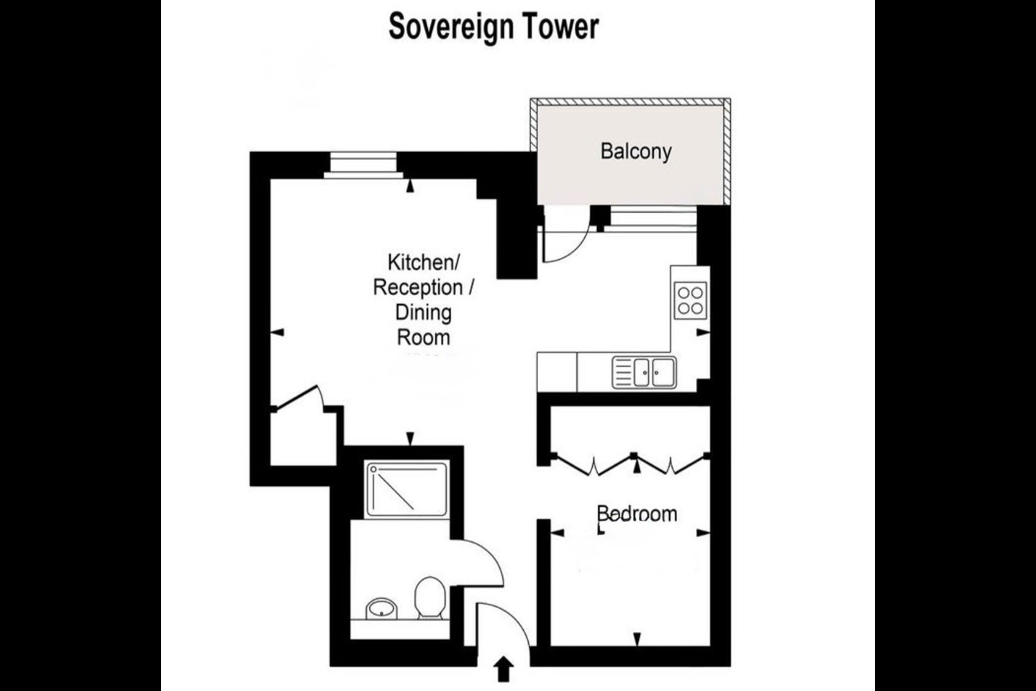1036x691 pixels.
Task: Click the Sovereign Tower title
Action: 494,27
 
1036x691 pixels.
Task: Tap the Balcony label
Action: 636,152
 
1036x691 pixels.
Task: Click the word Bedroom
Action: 637,514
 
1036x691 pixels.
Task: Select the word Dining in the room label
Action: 423,312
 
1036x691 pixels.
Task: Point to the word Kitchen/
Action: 423,263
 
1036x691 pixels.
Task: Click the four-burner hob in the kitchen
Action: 691,300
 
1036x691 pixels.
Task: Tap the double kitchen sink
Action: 645,372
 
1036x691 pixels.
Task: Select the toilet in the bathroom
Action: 430,597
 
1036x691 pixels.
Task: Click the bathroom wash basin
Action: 381,608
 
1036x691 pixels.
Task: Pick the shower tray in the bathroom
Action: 406,489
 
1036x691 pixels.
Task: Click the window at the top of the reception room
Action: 363,165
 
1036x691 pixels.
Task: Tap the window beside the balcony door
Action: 653,219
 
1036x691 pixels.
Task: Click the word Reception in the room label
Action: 418,288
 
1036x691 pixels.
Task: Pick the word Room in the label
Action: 423,337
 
